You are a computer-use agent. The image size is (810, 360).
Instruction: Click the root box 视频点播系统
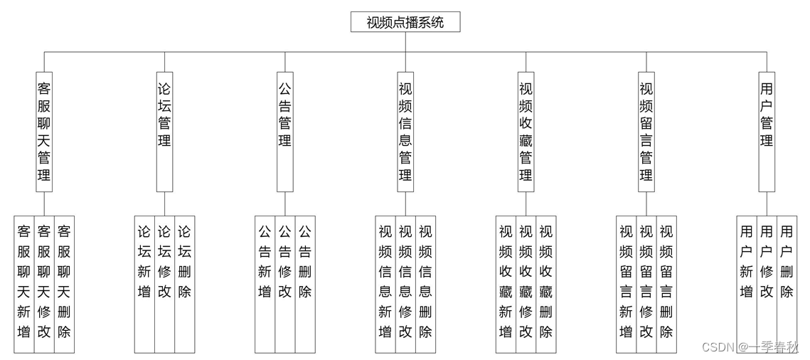point(405,22)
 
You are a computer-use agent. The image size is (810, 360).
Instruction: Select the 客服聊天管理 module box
point(44,132)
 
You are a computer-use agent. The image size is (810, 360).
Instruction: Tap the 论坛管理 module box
point(164,132)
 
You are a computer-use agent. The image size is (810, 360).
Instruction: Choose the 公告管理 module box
point(284,132)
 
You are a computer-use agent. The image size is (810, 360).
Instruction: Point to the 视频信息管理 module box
point(405,132)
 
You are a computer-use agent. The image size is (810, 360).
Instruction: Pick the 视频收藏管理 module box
point(526,132)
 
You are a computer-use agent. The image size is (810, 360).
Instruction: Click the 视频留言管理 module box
point(646,132)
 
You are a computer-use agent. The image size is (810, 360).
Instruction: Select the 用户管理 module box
point(767,132)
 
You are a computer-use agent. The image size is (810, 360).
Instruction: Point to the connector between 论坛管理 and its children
point(164,203)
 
